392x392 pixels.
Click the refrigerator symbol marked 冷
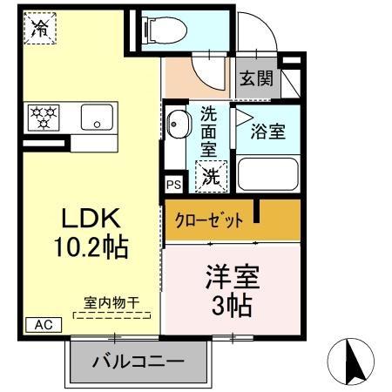[39, 28]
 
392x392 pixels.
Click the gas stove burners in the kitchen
[44, 116]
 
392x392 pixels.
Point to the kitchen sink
[96, 118]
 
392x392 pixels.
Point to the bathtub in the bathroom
[267, 173]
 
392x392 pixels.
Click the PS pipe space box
[172, 185]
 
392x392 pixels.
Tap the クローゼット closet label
[206, 219]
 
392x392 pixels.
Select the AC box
[42, 324]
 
